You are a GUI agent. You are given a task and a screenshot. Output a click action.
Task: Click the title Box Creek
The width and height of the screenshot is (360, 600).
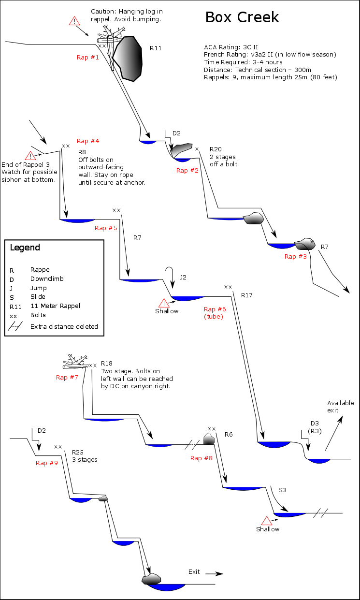(242, 17)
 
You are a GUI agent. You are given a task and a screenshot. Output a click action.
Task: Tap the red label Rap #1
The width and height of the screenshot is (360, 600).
(88, 58)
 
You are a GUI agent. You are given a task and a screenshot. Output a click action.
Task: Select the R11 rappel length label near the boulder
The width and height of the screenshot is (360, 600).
(156, 48)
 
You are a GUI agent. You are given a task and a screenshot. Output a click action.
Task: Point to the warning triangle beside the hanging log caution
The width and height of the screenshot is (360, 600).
(74, 21)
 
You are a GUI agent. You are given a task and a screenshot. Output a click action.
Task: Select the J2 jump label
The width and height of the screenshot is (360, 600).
(183, 278)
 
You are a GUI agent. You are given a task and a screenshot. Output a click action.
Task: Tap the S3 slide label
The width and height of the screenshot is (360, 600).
(282, 490)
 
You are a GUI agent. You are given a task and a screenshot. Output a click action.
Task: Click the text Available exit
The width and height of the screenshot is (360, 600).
(340, 407)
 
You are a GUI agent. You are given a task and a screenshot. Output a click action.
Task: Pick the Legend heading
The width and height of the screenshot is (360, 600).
(25, 248)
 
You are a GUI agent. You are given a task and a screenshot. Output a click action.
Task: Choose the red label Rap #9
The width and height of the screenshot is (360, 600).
(47, 463)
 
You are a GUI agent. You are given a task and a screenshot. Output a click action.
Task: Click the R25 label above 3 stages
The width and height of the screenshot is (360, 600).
(78, 451)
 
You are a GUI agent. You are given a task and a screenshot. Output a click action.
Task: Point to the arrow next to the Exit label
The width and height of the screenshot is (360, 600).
(214, 574)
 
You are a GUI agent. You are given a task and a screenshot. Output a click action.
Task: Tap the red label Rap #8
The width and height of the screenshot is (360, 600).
(202, 458)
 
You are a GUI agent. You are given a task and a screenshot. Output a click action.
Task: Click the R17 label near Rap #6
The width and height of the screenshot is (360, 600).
(247, 295)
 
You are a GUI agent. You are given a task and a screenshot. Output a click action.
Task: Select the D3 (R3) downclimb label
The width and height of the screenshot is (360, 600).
(315, 427)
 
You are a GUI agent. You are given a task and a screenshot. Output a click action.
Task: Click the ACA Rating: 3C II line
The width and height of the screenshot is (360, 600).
(231, 47)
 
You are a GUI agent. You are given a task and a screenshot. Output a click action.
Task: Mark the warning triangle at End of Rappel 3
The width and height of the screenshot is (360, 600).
(30, 156)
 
